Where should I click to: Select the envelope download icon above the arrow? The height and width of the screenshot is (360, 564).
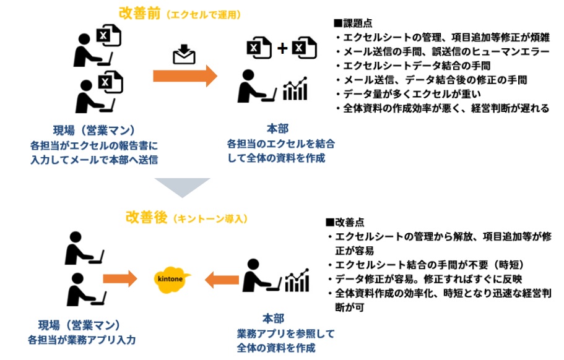pyautogui.click(x=184, y=55)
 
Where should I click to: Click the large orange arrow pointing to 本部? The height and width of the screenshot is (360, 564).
pyautogui.click(x=185, y=76)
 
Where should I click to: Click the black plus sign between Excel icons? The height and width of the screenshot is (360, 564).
pyautogui.click(x=282, y=48)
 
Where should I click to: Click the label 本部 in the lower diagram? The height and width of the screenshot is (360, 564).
pyautogui.click(x=272, y=319)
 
